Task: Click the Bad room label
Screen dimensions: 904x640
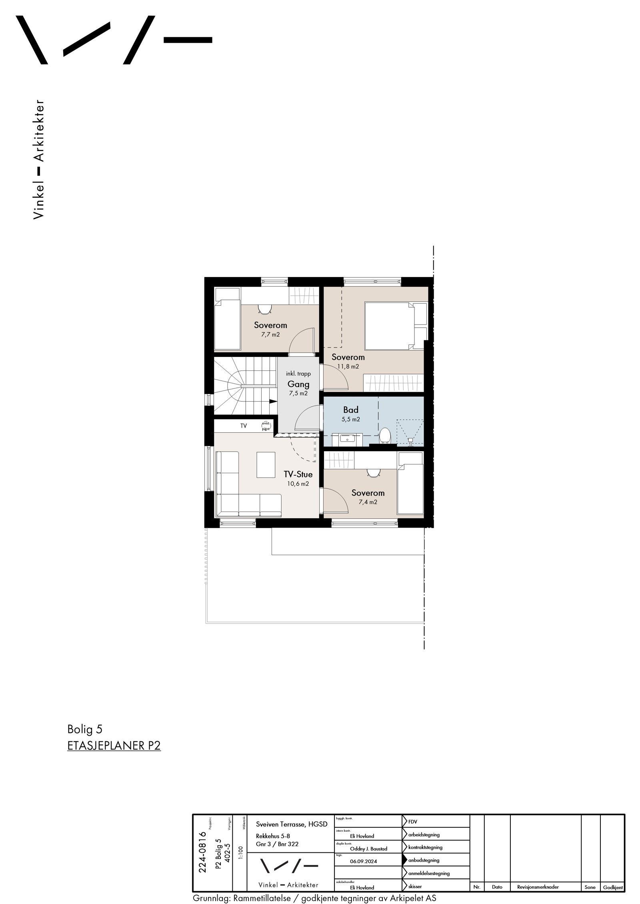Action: [x=350, y=410]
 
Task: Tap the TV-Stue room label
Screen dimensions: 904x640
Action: [x=298, y=474]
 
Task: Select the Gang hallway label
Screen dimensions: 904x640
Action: [x=298, y=384]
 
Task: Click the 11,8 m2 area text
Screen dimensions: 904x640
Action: [x=348, y=366]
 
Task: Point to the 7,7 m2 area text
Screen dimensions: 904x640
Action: [x=270, y=335]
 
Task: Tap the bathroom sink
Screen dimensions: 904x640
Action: [x=347, y=438]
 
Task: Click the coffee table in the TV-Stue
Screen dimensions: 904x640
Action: [x=266, y=464]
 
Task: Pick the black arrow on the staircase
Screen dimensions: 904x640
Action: [x=273, y=401]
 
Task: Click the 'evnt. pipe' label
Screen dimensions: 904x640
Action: [x=266, y=426]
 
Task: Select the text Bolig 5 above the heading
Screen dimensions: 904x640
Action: [x=85, y=729]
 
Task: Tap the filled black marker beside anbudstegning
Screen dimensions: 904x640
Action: [x=404, y=860]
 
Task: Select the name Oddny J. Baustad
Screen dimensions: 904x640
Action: [x=368, y=848]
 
